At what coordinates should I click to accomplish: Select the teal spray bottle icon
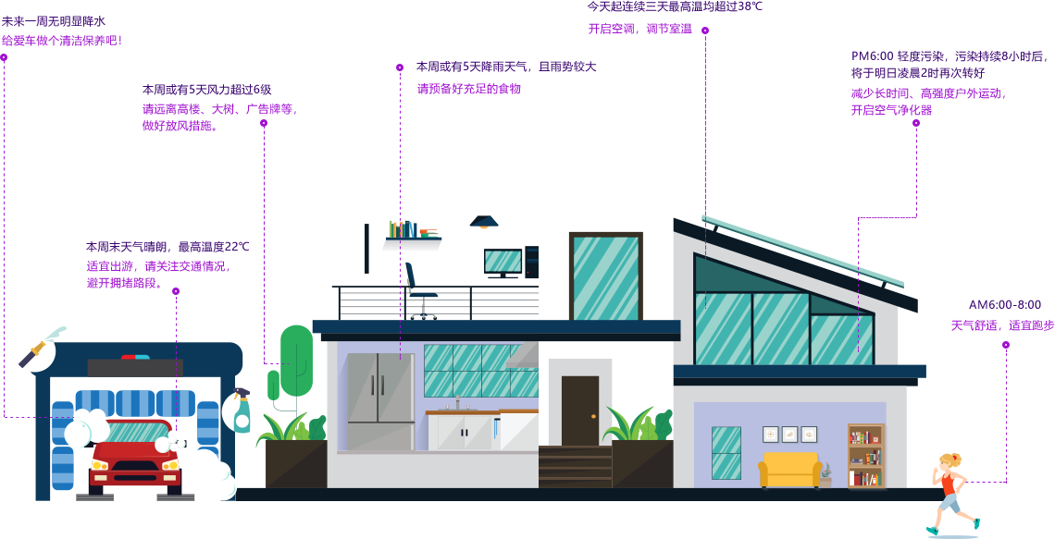click(242, 411)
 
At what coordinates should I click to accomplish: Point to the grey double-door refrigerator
click(380, 400)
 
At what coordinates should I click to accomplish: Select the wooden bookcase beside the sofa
click(865, 456)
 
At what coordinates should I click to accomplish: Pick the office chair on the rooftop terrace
click(419, 291)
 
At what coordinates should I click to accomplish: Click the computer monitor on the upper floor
click(503, 263)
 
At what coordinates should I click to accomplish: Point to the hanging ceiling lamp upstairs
click(483, 222)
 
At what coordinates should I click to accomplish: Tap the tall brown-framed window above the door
click(605, 276)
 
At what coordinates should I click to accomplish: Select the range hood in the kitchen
click(524, 357)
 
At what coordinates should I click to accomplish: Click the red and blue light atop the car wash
click(135, 357)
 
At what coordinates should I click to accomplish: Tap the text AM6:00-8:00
click(1004, 304)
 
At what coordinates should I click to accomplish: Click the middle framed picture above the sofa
click(789, 434)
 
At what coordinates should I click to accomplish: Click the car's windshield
click(134, 434)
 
